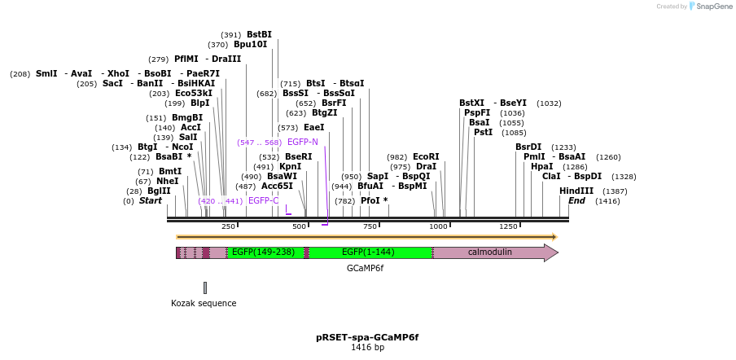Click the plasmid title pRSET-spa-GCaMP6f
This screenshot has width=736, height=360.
[x=367, y=336]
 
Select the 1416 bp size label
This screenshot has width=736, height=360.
[x=367, y=348]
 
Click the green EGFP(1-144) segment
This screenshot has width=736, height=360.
[x=368, y=252]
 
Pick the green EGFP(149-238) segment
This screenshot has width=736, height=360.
[x=262, y=252]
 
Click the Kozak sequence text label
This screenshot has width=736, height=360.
[x=204, y=303]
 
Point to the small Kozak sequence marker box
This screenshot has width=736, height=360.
[x=205, y=288]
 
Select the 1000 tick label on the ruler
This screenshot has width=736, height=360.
[x=439, y=226]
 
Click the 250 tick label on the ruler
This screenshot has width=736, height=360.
[x=228, y=226]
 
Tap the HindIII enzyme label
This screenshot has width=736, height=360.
[x=576, y=191]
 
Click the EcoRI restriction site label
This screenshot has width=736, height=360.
[x=426, y=156]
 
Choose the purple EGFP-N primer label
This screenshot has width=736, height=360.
[x=303, y=142]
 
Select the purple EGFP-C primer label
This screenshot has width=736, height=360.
[x=264, y=200]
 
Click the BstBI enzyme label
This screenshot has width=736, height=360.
[x=259, y=34]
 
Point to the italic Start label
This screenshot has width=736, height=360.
[x=151, y=200]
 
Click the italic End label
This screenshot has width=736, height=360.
[x=576, y=200]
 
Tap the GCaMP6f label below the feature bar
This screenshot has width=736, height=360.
[x=365, y=268]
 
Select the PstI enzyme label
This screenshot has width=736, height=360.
[x=483, y=132]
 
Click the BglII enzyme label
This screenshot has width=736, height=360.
[x=159, y=191]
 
